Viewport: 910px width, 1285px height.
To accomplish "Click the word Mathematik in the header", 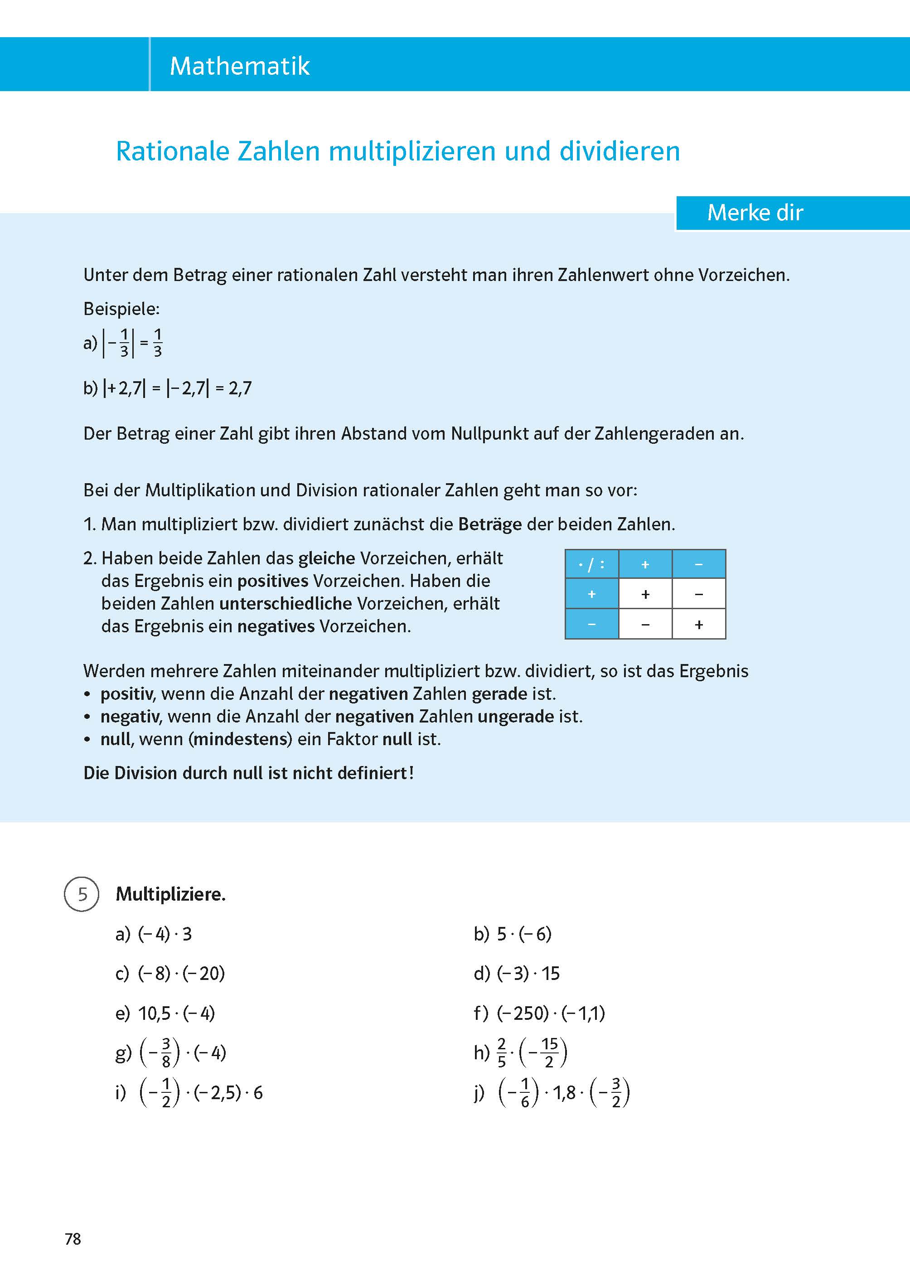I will click(x=239, y=66).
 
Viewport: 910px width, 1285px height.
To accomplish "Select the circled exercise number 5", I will click(x=82, y=894).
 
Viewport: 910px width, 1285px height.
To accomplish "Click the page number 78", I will click(x=73, y=1239).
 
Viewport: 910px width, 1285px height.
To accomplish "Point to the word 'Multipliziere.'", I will click(x=170, y=894).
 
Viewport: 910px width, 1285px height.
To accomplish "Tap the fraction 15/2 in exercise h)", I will click(x=549, y=1053).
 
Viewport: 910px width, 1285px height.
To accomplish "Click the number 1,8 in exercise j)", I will click(x=564, y=1093).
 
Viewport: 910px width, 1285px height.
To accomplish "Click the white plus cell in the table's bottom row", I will click(x=698, y=624).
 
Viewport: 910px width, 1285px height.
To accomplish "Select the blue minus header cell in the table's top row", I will click(x=698, y=564).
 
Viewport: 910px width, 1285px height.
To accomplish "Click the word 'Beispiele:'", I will click(x=121, y=309).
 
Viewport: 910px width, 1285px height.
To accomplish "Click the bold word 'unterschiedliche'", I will click(x=285, y=604).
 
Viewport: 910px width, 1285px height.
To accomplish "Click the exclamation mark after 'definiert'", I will click(x=411, y=773).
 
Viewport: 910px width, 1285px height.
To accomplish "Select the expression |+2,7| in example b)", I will click(x=124, y=388).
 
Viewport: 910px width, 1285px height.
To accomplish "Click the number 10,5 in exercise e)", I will click(x=154, y=1013).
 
